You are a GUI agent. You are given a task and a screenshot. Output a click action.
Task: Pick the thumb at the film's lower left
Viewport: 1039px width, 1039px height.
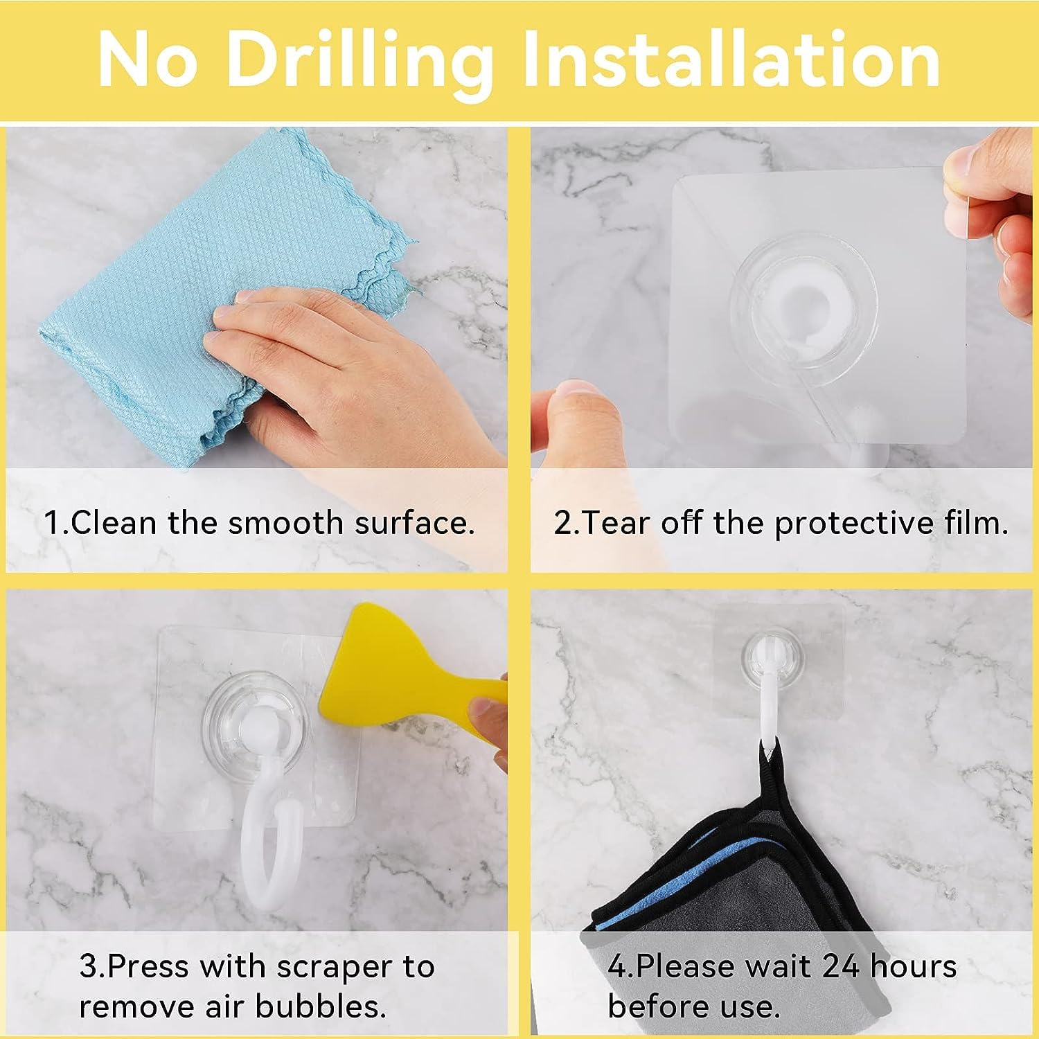(582, 423)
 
